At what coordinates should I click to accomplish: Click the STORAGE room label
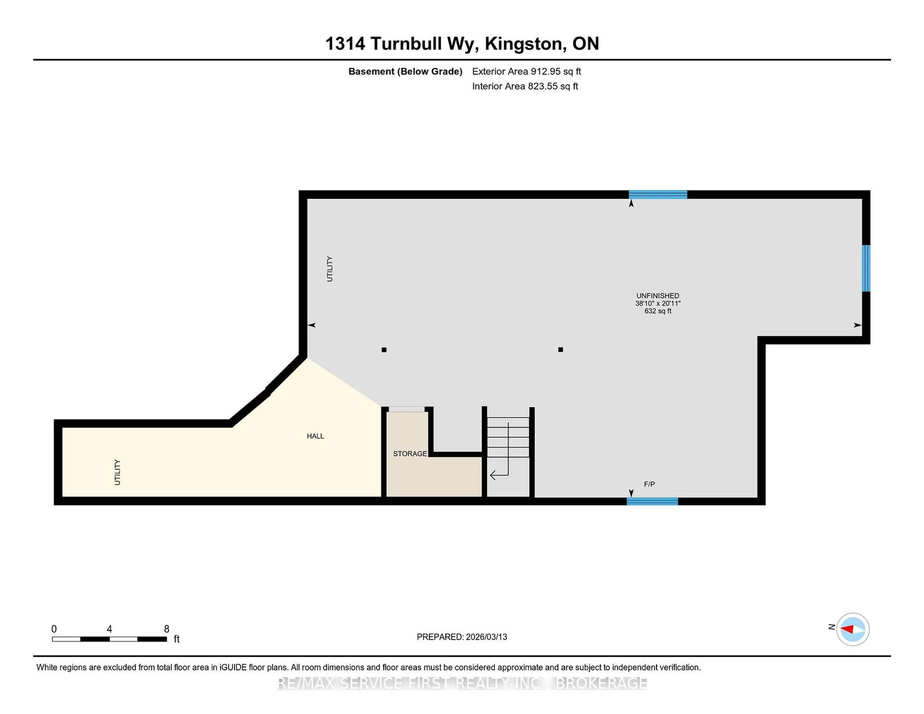pos(410,453)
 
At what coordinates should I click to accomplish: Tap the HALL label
pos(315,436)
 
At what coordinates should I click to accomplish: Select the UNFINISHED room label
pos(657,296)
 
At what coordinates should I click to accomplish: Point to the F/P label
pos(649,484)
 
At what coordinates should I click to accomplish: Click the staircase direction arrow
pos(499,475)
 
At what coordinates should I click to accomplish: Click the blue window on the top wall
pos(657,195)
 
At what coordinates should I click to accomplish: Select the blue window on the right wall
pos(866,268)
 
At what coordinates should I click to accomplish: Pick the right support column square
pos(560,349)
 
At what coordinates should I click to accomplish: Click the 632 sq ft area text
pos(657,311)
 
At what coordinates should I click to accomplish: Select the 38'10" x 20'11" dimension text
pos(657,303)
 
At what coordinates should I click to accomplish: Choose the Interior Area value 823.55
pos(542,86)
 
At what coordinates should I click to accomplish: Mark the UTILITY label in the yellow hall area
pos(117,472)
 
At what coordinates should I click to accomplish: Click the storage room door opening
pos(407,409)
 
